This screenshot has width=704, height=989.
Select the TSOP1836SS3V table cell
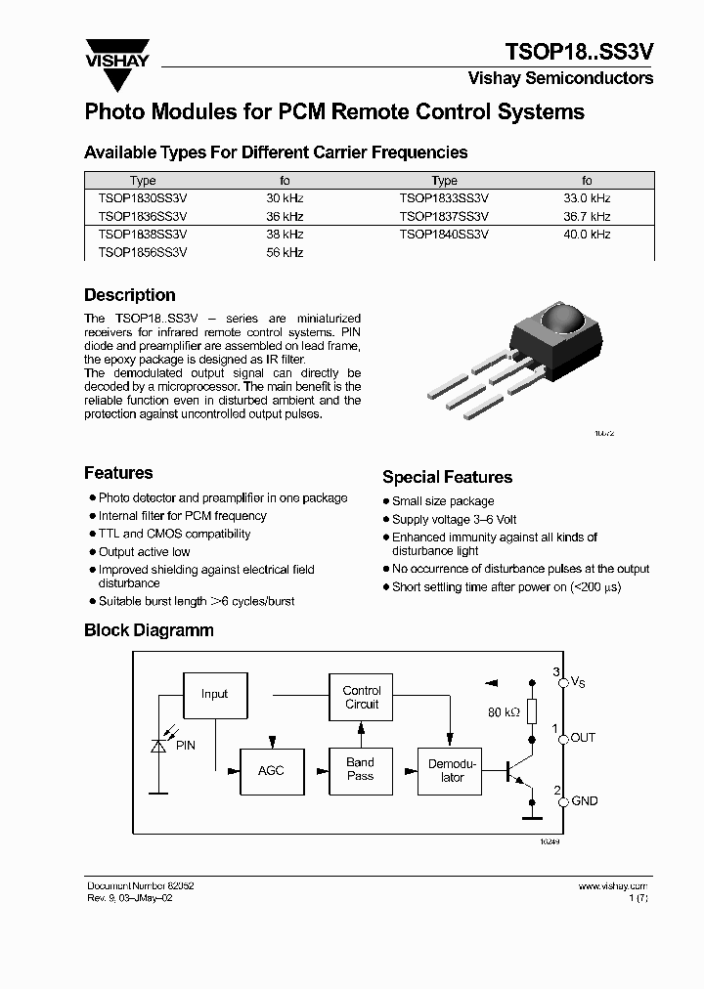click(x=143, y=216)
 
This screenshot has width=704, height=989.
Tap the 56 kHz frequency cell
click(x=286, y=252)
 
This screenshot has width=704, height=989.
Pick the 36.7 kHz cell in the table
click(x=587, y=216)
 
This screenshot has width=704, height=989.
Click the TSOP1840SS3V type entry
click(x=444, y=235)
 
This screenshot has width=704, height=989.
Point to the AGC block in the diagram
click(x=271, y=770)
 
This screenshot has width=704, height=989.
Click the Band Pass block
click(x=360, y=769)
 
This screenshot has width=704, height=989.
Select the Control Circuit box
click(x=361, y=698)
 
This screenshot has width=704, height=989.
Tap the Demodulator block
click(x=452, y=770)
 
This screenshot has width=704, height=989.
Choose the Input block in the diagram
click(x=214, y=694)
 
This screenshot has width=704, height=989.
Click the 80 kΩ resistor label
click(x=504, y=712)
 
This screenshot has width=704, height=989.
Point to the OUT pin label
click(x=583, y=738)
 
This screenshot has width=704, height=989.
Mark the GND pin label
click(x=584, y=801)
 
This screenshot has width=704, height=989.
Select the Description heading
click(x=130, y=295)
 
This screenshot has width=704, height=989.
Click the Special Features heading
click(x=447, y=477)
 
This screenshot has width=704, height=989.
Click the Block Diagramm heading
click(x=149, y=630)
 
